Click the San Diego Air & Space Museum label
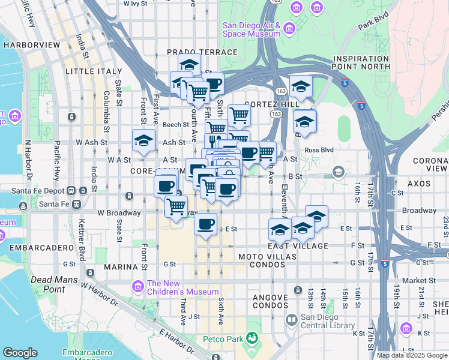point(252,29)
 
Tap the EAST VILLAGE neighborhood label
point(298,246)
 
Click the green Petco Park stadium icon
point(252,340)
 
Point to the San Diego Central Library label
point(327,322)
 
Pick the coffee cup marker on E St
point(206,224)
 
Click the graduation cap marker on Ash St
point(143,141)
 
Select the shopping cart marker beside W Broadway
point(176,207)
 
